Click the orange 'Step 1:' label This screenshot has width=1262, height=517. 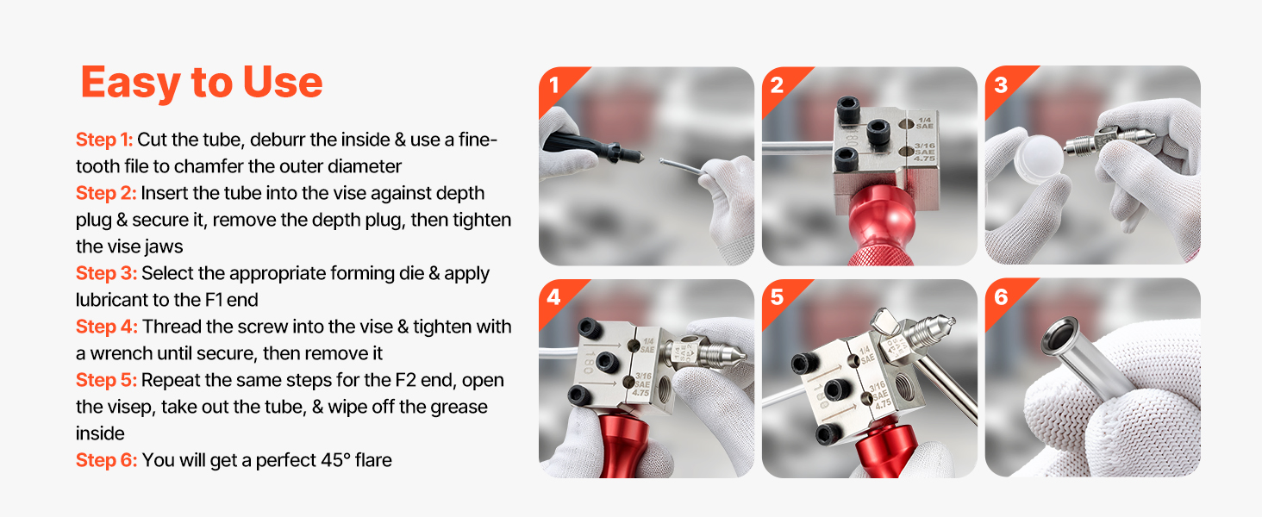point(104,140)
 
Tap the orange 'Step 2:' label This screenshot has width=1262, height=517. point(106,193)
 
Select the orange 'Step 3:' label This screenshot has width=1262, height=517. point(107,273)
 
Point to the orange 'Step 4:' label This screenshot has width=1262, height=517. point(107,327)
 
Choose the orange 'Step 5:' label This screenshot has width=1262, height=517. point(107,380)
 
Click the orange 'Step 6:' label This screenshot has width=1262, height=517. point(107,460)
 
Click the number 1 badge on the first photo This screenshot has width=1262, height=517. point(554,85)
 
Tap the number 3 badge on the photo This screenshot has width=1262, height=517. point(1001,85)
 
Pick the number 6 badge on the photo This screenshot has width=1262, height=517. point(1001,296)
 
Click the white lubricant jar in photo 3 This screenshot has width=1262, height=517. point(1039,158)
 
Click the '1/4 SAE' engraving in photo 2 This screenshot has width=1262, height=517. point(924,122)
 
